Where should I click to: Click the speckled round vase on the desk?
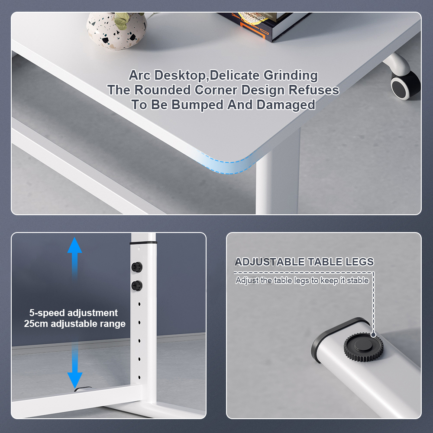point(116,31)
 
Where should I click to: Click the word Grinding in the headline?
point(291,75)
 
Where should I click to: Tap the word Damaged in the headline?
point(285,105)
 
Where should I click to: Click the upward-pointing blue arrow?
point(74,258)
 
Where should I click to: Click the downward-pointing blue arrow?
point(75,366)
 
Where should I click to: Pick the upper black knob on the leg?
point(137,267)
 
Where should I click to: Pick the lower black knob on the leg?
point(137,285)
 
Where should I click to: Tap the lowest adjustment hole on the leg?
point(139,377)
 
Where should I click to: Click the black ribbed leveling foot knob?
point(363,347)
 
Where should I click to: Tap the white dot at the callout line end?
point(373,335)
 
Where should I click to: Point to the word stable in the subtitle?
point(358,280)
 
